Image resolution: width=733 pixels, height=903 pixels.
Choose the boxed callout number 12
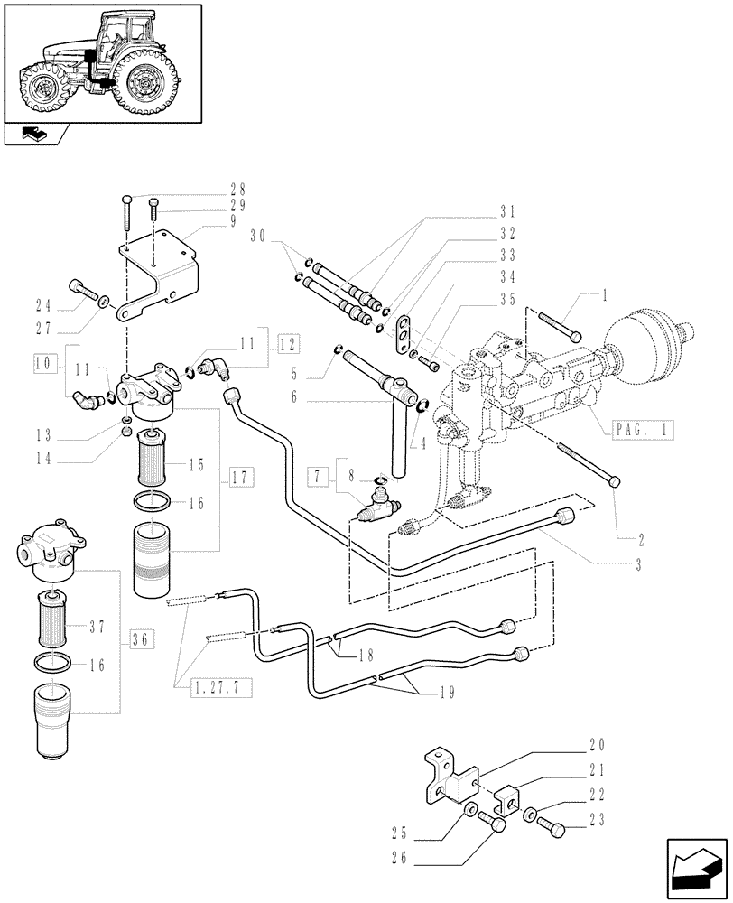point(287,344)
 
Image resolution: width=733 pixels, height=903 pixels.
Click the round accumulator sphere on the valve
point(647,342)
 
